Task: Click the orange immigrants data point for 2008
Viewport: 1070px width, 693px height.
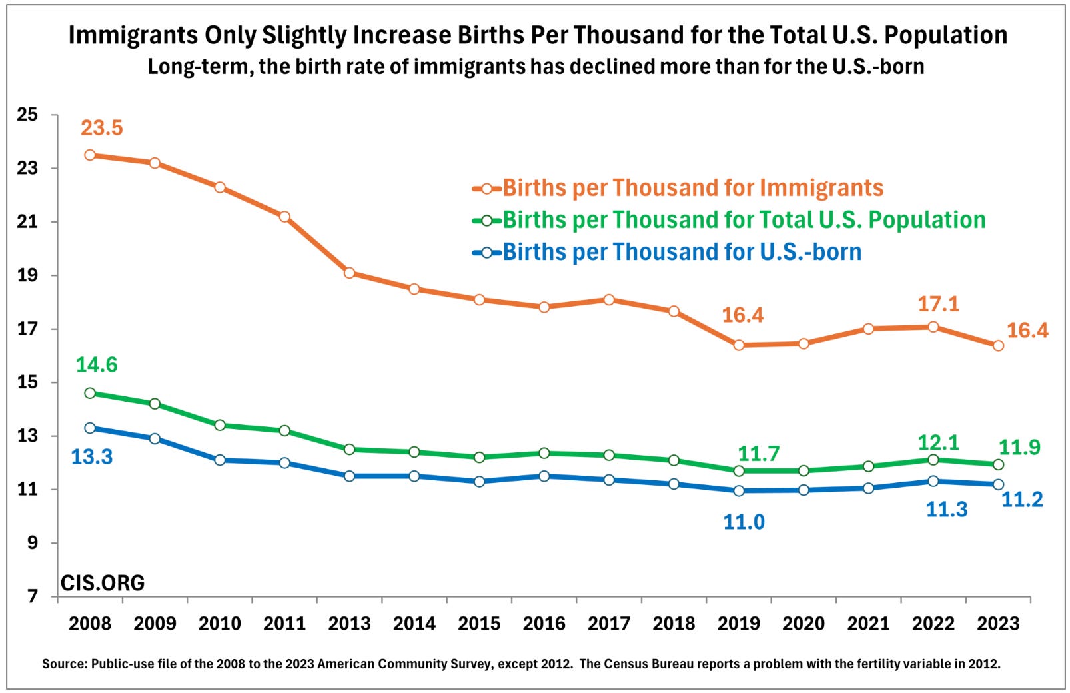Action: click(90, 155)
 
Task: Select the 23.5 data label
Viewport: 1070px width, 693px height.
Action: click(102, 127)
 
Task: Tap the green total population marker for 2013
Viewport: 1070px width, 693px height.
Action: click(349, 449)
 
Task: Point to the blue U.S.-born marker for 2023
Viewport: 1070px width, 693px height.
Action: click(997, 484)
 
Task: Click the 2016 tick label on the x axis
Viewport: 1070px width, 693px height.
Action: click(544, 624)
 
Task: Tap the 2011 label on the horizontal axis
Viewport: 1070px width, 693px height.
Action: click(284, 624)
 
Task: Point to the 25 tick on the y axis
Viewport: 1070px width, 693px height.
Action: click(27, 115)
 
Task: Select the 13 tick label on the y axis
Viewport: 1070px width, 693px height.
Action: click(27, 436)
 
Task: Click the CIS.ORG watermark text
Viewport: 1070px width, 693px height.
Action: click(103, 583)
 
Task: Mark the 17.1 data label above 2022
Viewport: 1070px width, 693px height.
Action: click(938, 304)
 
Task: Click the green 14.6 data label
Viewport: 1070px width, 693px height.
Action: click(97, 365)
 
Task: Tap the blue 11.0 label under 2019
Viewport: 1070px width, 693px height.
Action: click(744, 522)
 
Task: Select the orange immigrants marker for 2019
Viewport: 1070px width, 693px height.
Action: click(738, 345)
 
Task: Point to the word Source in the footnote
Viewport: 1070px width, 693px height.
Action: click(64, 664)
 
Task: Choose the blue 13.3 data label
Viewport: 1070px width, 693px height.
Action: click(92, 457)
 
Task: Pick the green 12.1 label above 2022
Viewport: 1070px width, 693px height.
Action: click(938, 442)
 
